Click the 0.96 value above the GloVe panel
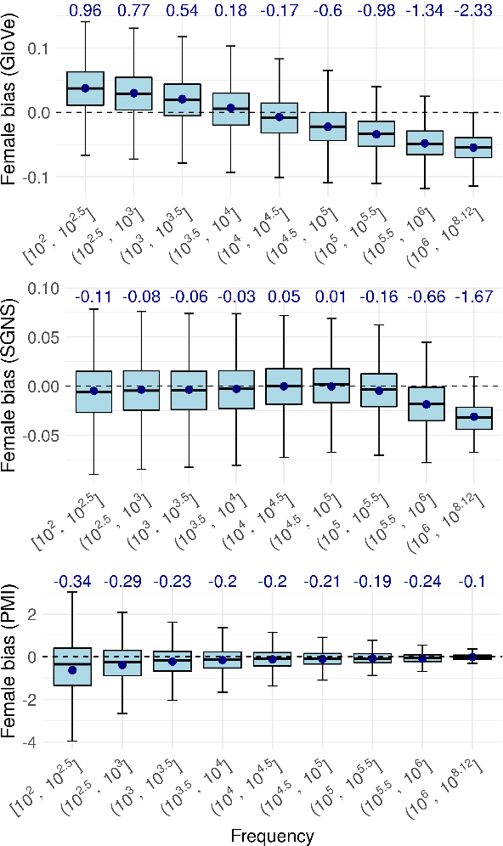coord(85,12)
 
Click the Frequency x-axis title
coord(272,836)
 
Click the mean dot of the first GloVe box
coord(85,88)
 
